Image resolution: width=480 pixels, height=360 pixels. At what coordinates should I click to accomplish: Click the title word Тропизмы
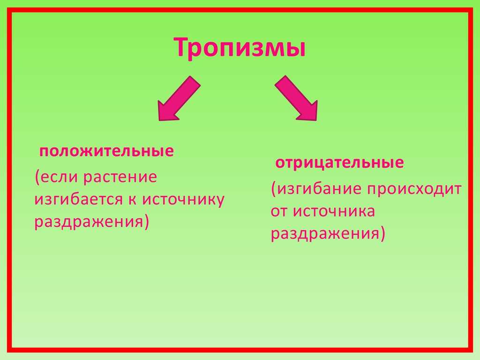point(240,47)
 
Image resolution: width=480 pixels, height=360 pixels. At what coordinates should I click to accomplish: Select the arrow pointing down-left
point(179,98)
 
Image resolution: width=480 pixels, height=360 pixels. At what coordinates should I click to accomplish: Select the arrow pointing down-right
point(296,98)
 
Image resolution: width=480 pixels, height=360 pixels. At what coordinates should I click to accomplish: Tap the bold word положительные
point(106,151)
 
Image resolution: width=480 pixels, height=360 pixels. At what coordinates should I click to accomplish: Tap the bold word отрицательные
point(339,163)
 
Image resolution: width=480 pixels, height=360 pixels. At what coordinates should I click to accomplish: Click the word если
point(59,177)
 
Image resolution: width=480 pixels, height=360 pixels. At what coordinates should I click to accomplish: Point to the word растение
point(120,178)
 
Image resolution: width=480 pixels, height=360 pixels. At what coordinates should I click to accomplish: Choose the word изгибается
point(79,200)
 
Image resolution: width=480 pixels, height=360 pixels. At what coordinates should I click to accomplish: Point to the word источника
point(334,211)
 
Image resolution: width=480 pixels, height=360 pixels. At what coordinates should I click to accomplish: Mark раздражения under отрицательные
point(325,234)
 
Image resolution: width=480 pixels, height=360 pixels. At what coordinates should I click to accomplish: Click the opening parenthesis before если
point(37,177)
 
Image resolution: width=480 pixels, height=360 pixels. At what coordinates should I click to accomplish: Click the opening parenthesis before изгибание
point(274,189)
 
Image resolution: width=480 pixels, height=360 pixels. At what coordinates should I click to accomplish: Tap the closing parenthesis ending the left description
point(147,222)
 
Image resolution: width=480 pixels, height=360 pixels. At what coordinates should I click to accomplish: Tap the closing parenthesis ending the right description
point(382,234)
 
